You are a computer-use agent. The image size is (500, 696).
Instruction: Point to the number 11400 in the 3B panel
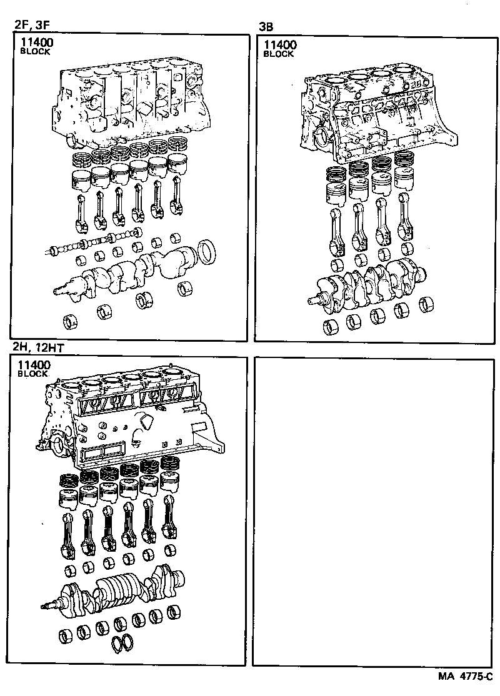280,45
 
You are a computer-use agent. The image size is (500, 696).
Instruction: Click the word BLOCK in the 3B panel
278,54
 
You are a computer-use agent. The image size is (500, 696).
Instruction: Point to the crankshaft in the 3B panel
369,284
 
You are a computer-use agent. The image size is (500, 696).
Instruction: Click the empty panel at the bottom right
374,512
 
